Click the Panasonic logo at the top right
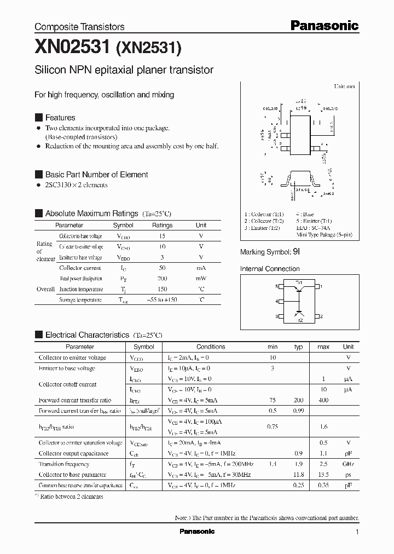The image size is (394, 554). tap(323, 25)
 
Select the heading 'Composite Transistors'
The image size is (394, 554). tap(79, 27)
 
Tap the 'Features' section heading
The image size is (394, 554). tap(60, 118)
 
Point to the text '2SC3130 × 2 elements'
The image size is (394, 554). tap(76, 185)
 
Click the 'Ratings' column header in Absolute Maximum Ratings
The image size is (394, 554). tap(162, 225)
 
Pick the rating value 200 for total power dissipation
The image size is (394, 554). tap(162, 279)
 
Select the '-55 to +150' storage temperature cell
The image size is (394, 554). tap(162, 300)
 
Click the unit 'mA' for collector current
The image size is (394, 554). tap(201, 268)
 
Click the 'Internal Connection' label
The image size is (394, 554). tap(270, 269)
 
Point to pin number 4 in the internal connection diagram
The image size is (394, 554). tap(277, 301)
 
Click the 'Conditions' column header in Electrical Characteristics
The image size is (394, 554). tap(211, 347)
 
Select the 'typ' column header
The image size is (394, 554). tap(298, 347)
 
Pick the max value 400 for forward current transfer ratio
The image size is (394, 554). tap(323, 400)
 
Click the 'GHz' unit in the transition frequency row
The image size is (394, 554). tap(348, 464)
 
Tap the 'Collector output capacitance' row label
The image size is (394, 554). tap(73, 453)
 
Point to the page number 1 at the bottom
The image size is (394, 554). tap(357, 532)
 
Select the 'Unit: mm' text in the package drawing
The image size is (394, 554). tap(344, 86)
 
